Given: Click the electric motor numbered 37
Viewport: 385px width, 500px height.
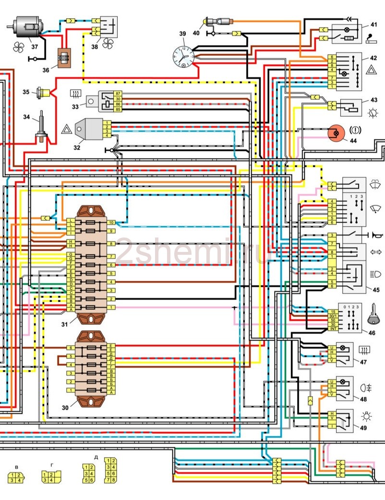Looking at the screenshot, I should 27,26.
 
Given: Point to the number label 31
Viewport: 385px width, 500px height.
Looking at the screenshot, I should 65,323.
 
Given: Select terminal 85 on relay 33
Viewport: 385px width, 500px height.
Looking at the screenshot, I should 118,109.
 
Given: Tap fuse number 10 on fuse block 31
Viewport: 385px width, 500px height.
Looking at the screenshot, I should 111,223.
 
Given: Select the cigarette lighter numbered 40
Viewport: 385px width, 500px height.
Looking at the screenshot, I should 216,21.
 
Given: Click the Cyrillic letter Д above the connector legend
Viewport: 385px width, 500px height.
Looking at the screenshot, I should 96,457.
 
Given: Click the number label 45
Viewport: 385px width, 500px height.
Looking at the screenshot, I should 376,289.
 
